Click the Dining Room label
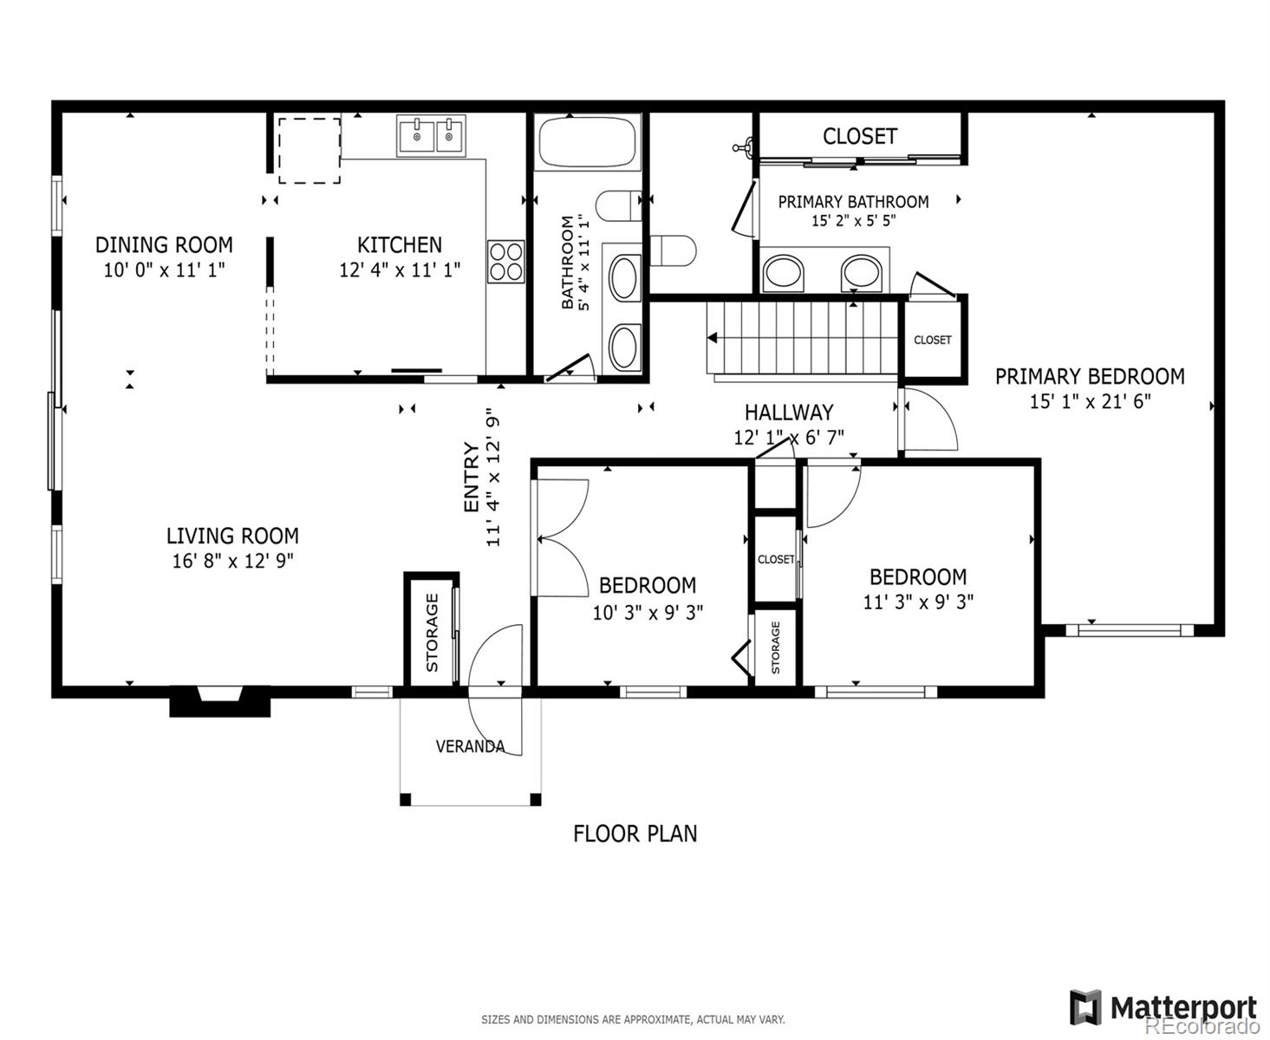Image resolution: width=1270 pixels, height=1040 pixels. pyautogui.click(x=164, y=245)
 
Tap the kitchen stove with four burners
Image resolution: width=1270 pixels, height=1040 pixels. pyautogui.click(x=505, y=262)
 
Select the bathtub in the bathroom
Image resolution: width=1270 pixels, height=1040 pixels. pyautogui.click(x=587, y=143)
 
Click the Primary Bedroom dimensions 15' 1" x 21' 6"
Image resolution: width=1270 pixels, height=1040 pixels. pyautogui.click(x=1090, y=401)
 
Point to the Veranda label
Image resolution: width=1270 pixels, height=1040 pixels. pyautogui.click(x=470, y=747)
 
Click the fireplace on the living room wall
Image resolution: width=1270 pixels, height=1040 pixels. pyautogui.click(x=220, y=700)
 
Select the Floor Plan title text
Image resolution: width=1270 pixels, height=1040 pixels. pyautogui.click(x=635, y=834)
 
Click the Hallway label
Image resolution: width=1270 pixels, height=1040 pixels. pyautogui.click(x=789, y=413)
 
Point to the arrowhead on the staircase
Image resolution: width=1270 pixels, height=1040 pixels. pyautogui.click(x=712, y=338)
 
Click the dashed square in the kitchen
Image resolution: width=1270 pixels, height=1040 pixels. pyautogui.click(x=309, y=151)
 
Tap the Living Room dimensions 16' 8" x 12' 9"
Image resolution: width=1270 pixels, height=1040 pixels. pyautogui.click(x=232, y=561)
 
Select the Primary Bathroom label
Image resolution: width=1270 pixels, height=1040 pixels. pyautogui.click(x=853, y=202)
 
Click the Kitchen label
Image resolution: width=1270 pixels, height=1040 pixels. pyautogui.click(x=400, y=245)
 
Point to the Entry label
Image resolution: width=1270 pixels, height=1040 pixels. pyautogui.click(x=471, y=477)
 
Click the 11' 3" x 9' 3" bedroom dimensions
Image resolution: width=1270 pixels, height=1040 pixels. pyautogui.click(x=918, y=601)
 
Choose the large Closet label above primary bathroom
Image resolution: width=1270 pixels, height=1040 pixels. pyautogui.click(x=860, y=137)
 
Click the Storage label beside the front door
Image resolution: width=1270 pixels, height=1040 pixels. pyautogui.click(x=432, y=633)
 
